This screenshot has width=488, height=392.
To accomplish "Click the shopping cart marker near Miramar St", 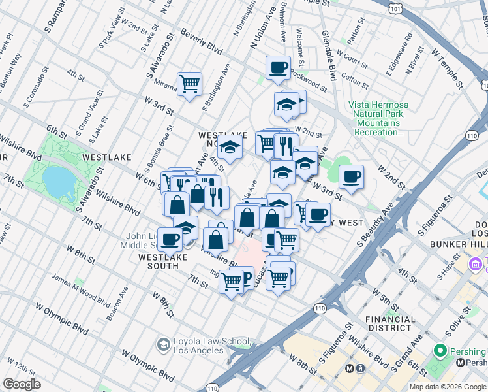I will click(189, 84).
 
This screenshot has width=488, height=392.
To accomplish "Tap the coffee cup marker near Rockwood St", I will click(278, 67).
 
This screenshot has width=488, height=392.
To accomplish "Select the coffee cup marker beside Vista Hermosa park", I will click(351, 176).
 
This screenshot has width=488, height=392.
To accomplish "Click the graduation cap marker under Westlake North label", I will click(230, 148).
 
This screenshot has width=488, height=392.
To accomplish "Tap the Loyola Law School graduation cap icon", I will click(163, 344).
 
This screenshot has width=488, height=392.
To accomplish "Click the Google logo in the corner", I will click(22, 384).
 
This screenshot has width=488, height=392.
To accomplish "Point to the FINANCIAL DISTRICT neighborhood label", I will click(391, 324).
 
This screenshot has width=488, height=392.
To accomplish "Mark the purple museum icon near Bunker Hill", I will click(475, 264).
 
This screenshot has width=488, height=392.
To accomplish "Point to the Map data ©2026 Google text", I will click(447, 387).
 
